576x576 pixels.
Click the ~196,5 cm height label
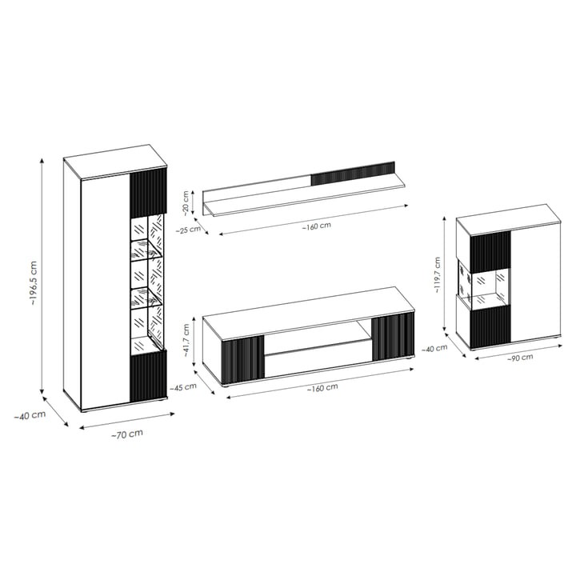pyautogui.click(x=34, y=283)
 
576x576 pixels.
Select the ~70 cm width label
pyautogui.click(x=126, y=434)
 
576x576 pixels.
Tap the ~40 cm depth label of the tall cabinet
pyautogui.click(x=30, y=415)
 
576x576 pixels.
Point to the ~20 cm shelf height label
pyautogui.click(x=186, y=202)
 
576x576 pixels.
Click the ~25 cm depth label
pyautogui.click(x=188, y=230)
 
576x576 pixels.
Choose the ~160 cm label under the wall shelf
pyautogui.click(x=317, y=226)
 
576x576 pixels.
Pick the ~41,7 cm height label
pyautogui.click(x=186, y=341)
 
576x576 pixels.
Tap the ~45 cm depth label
pyautogui.click(x=183, y=387)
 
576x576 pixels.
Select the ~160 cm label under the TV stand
pyautogui.click(x=322, y=387)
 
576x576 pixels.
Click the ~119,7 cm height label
pyautogui.click(x=437, y=274)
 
